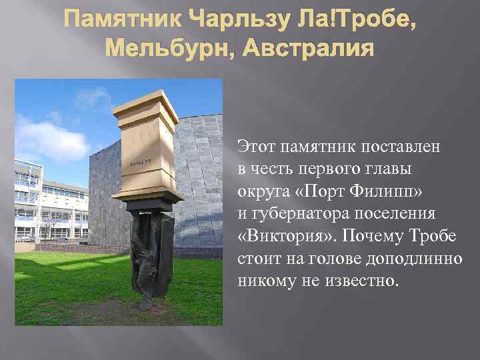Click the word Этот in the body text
pos(256,146)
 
